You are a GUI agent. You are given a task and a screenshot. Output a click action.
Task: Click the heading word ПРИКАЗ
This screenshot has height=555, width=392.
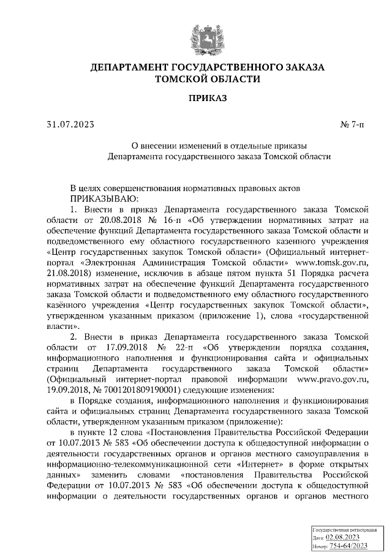click(207, 97)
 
